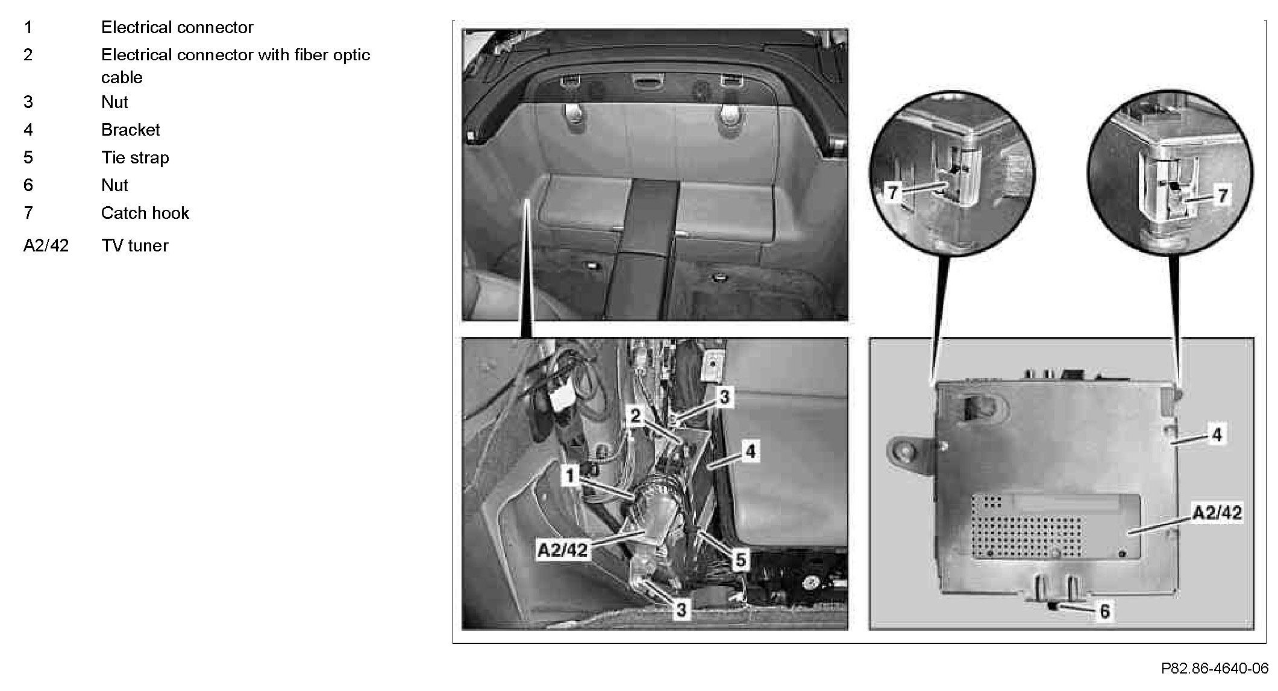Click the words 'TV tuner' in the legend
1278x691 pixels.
click(x=134, y=245)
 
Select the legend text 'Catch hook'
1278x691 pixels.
click(x=145, y=213)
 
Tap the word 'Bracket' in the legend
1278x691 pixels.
click(x=130, y=130)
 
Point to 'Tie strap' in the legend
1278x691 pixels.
click(x=135, y=157)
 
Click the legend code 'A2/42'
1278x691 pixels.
click(x=46, y=245)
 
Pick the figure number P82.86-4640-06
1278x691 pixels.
click(x=1215, y=668)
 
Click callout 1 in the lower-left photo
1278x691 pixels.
click(x=569, y=476)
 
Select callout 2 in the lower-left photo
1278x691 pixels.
click(x=635, y=415)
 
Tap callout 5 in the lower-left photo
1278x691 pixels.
click(x=741, y=560)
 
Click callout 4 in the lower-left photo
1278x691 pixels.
click(x=750, y=451)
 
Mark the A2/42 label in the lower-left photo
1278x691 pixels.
click(x=562, y=550)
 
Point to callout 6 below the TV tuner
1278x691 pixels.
click(x=1104, y=611)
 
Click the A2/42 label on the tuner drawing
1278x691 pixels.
click(x=1217, y=513)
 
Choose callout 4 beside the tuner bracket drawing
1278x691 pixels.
click(x=1217, y=434)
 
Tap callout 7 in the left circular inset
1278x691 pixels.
click(x=894, y=193)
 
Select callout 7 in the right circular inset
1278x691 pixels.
click(x=1223, y=195)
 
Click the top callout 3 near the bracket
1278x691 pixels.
click(x=724, y=397)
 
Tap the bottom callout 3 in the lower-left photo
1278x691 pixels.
click(x=681, y=610)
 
